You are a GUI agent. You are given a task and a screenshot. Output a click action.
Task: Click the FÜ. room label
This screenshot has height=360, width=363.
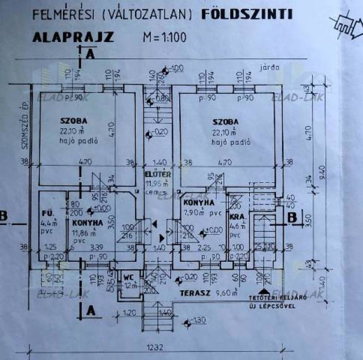tap(48, 214)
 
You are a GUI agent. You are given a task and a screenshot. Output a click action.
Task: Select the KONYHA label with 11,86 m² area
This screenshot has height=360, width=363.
tap(87, 223)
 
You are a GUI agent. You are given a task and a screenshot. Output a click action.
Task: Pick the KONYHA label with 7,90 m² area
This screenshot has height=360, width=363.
tap(199, 202)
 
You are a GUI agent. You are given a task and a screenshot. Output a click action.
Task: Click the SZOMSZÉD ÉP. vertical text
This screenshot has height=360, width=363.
tap(24, 124)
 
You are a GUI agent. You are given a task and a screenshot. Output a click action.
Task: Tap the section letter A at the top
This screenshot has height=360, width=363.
tap(90, 54)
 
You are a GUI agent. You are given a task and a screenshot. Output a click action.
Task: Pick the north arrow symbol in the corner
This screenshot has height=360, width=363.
tap(347, 26)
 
